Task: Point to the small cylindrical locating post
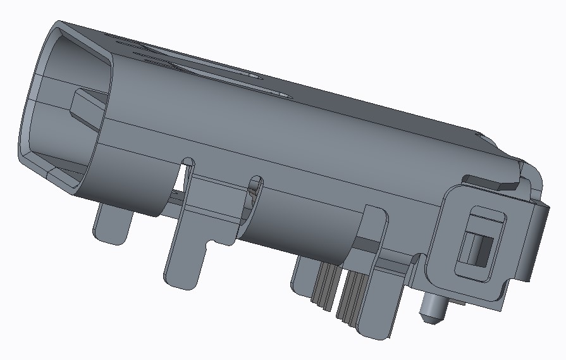434,305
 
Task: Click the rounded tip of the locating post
430,317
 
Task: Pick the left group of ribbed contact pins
325,285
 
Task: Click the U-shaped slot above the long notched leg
187,166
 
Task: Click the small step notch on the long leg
210,243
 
